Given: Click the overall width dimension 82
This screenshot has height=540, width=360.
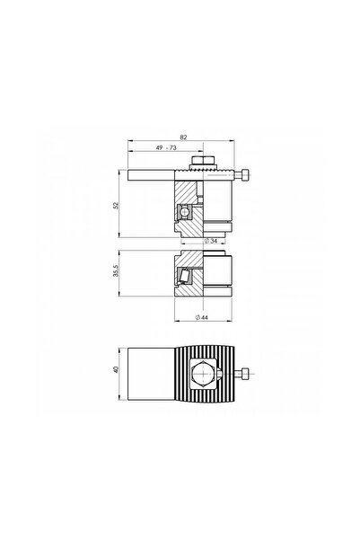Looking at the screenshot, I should coord(183,136).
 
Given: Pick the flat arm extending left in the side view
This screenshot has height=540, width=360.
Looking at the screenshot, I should coord(148,173).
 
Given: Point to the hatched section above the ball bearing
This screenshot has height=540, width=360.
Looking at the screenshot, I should coord(185,193).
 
